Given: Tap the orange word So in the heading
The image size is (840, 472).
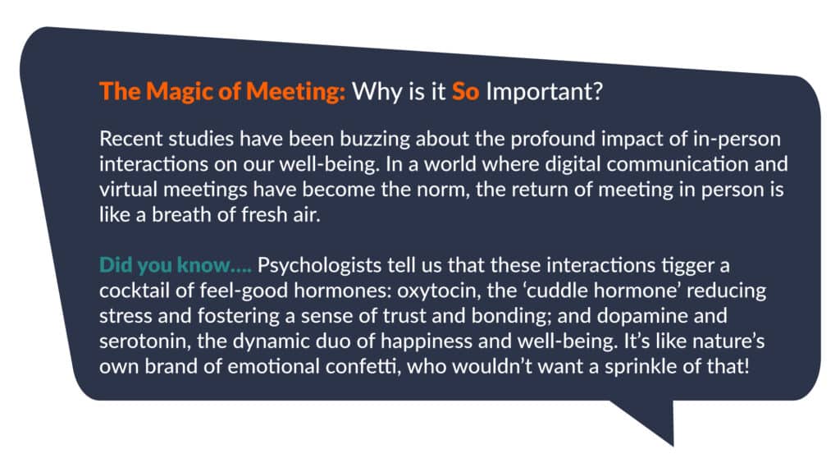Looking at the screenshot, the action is [465, 91].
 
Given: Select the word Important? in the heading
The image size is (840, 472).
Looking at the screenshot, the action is [545, 92].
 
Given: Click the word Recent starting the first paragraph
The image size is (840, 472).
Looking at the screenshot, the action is [131, 139].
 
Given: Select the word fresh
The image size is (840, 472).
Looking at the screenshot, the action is [263, 214].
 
